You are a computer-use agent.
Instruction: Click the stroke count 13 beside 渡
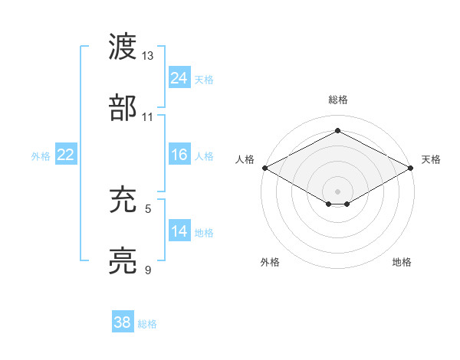[148, 56]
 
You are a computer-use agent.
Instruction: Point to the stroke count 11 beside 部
[148, 116]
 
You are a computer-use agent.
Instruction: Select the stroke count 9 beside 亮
[148, 270]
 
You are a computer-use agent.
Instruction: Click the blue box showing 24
[179, 77]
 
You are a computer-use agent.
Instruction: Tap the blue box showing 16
[179, 155]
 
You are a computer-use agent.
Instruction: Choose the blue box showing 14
[179, 231]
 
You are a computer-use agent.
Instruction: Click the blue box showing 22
[65, 155]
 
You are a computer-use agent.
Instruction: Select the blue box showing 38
[123, 322]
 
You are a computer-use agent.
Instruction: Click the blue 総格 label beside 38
[147, 324]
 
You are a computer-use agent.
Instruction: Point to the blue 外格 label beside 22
[41, 156]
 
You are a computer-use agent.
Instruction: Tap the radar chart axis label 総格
[337, 100]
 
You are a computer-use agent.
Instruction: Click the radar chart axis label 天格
[431, 159]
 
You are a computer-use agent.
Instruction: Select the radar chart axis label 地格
[402, 263]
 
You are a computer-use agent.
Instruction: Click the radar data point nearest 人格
[264, 168]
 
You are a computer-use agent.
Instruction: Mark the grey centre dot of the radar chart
[337, 191]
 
